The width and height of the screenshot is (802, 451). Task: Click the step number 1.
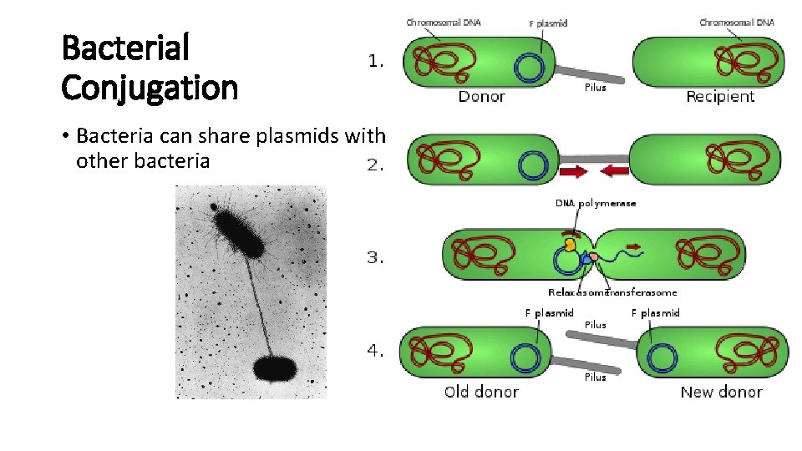point(376,61)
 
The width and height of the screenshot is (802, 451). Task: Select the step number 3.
point(376,258)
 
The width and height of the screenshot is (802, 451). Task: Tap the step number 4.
point(376,352)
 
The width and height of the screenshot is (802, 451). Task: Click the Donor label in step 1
point(481,97)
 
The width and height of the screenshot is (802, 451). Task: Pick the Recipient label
point(720,97)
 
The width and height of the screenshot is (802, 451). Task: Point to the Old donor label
point(481,392)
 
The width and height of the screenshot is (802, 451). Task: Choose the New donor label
point(721,392)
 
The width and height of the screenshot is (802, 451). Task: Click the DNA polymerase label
point(596,203)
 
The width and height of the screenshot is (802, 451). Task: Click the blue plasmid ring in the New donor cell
point(663,357)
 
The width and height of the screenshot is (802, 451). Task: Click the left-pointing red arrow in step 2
point(615,171)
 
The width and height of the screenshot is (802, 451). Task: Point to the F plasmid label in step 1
point(548,23)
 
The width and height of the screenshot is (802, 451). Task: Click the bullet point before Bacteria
point(66,136)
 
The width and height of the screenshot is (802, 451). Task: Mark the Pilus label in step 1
point(596,88)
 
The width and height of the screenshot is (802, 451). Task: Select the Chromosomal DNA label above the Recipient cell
point(736,23)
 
